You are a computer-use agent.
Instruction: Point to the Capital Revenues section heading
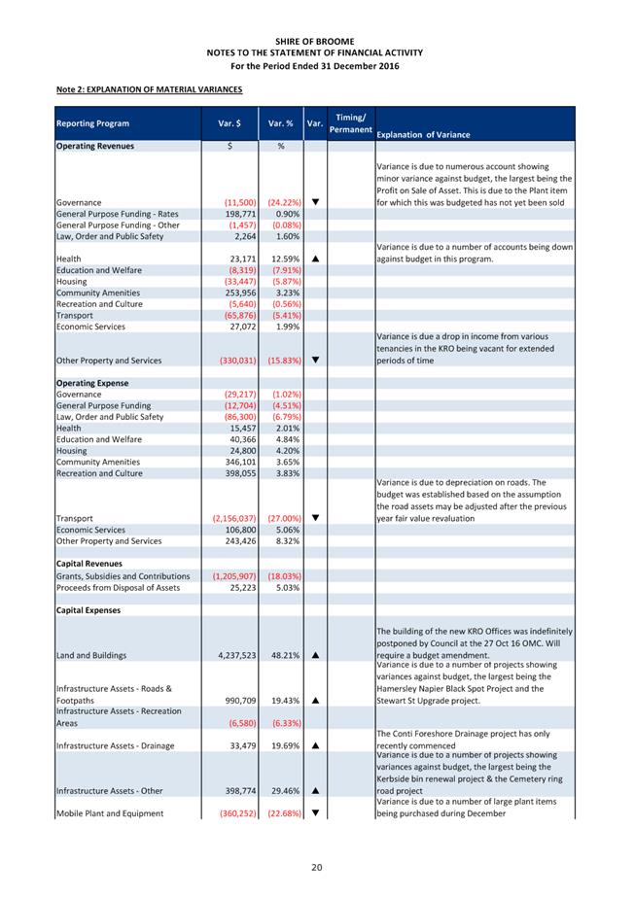pyautogui.click(x=89, y=564)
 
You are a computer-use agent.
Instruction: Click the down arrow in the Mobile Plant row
pyautogui.click(x=315, y=813)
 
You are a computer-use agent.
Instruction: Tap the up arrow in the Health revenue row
pyautogui.click(x=315, y=259)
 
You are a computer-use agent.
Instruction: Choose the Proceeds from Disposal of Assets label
pyautogui.click(x=118, y=587)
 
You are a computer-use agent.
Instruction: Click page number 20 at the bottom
pyautogui.click(x=317, y=867)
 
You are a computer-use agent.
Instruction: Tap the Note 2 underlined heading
pyautogui.click(x=149, y=90)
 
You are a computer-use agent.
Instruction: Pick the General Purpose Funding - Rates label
pyautogui.click(x=118, y=213)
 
